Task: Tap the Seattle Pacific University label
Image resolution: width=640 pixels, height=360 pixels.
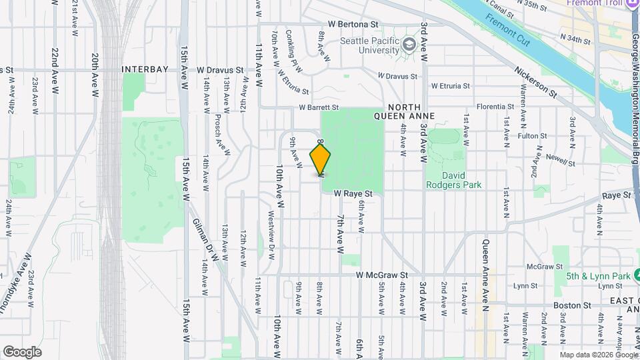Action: pos(369,45)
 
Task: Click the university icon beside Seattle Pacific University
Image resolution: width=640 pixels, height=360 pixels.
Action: pos(407,45)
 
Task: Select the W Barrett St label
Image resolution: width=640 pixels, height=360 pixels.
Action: pos(319,107)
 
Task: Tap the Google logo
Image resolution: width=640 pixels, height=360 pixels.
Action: pos(22,351)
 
